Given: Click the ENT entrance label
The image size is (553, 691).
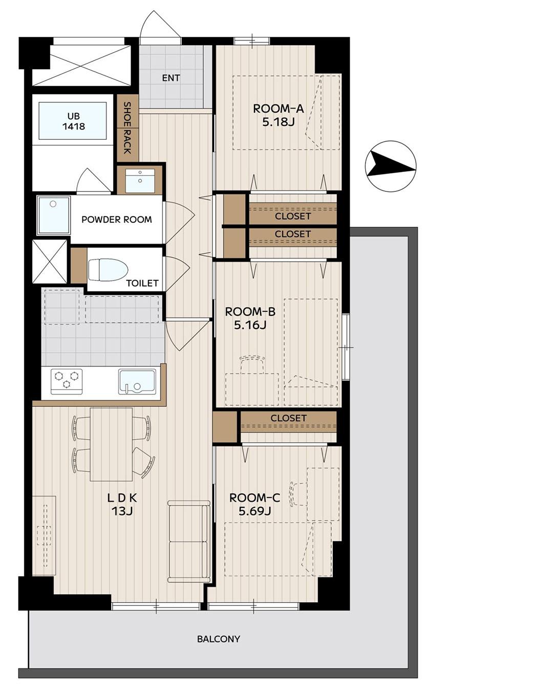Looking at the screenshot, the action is click(171, 78).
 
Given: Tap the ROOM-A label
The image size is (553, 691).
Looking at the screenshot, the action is click(278, 109).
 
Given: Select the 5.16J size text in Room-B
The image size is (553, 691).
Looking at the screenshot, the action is click(250, 325).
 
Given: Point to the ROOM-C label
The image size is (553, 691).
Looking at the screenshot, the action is click(254, 498).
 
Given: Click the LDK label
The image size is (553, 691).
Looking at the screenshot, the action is click(122, 498).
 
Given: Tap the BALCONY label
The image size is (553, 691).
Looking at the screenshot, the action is click(219, 639).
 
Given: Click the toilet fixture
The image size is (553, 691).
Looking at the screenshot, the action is click(108, 270).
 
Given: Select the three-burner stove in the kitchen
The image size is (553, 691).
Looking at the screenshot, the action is click(67, 381).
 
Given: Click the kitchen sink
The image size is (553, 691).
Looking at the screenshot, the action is click(137, 381).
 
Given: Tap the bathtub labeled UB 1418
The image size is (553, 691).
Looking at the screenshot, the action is click(73, 121).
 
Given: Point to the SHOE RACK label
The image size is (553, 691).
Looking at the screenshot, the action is click(127, 128).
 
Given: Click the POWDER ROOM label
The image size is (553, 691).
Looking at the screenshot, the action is click(116, 220).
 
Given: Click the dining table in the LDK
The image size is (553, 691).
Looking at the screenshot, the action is click(111, 444).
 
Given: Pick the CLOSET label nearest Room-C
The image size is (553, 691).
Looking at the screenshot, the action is click(288, 418).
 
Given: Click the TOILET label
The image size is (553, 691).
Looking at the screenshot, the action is click(142, 283).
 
